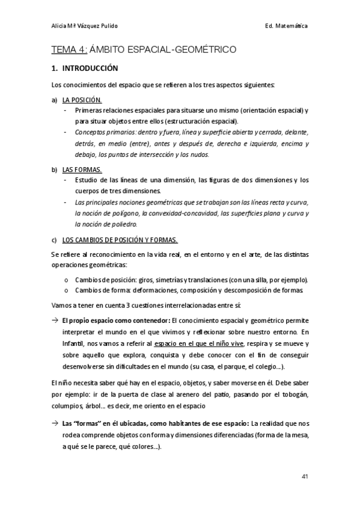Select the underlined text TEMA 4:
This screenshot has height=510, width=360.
tap(70, 49)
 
